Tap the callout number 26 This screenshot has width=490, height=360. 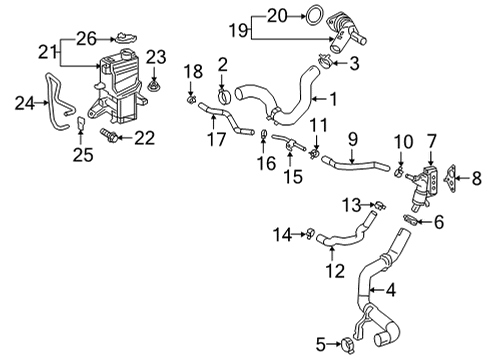pyautogui.click(x=88, y=38)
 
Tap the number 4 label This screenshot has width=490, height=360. pyautogui.click(x=393, y=291)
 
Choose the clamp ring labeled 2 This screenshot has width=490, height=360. pyautogui.click(x=223, y=97)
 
